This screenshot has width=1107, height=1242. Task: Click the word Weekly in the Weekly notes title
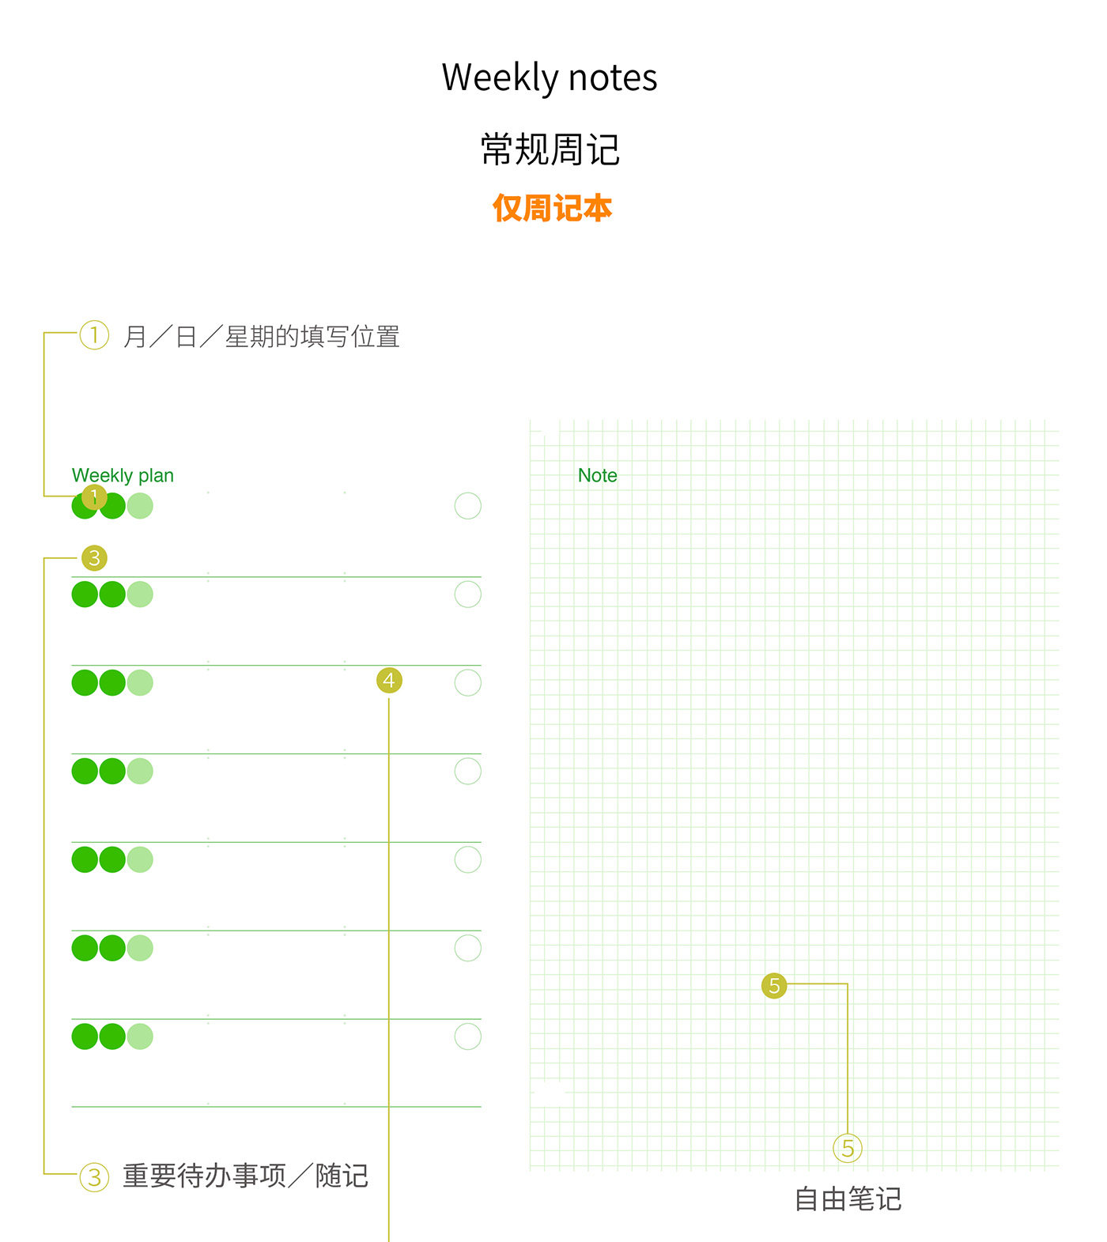tap(500, 78)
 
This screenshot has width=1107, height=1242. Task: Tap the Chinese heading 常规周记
tap(550, 149)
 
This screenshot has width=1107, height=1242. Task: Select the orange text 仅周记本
tap(552, 208)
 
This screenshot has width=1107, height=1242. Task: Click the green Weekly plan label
tap(123, 476)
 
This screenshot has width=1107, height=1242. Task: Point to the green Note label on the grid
tap(597, 475)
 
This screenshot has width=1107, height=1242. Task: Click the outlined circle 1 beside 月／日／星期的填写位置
tap(94, 335)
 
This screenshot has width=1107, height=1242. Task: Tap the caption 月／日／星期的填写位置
tap(261, 337)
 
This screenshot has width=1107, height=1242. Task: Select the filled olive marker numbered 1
tap(94, 496)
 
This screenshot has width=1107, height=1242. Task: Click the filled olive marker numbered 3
tap(94, 558)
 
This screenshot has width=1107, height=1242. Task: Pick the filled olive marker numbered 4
tap(389, 680)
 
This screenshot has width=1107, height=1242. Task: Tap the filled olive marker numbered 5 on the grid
tap(774, 986)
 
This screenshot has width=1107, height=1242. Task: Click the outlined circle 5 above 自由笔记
tap(848, 1148)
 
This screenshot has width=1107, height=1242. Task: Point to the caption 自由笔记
tap(848, 1199)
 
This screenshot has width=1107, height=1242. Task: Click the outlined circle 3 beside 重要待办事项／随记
tap(94, 1177)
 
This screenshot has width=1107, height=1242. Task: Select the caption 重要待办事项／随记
tap(245, 1176)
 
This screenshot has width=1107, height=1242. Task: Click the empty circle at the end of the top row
tap(468, 506)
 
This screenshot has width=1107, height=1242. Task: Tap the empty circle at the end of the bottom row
tap(468, 1036)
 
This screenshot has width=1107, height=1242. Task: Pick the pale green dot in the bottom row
tap(140, 1036)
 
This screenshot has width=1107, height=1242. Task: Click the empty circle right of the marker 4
tap(468, 683)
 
